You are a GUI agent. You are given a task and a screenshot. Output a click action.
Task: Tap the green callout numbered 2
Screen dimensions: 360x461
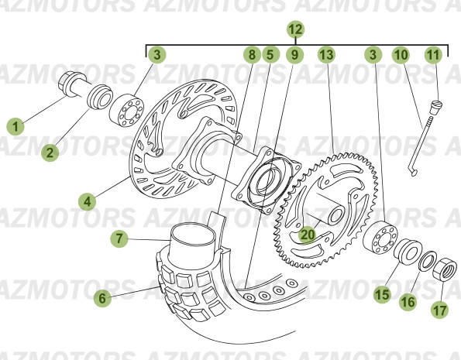coord(50,153)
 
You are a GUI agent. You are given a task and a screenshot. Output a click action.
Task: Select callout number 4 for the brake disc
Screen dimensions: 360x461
coord(88,201)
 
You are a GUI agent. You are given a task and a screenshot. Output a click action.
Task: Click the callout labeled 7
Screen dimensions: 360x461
coord(119,239)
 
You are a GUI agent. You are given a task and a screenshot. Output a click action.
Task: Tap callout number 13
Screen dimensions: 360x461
coord(326,55)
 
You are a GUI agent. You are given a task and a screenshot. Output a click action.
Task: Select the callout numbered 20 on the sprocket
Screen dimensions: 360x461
coord(308,232)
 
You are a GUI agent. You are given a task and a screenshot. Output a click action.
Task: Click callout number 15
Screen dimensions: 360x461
coord(381,293)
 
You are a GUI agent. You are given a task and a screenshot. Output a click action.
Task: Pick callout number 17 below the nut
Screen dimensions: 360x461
coord(439,310)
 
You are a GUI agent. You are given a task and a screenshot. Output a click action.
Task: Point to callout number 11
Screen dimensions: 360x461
coord(433,55)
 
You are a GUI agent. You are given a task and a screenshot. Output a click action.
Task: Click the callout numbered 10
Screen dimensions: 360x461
coord(400,55)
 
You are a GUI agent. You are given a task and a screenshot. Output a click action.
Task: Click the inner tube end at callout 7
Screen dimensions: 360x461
coord(190,240)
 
